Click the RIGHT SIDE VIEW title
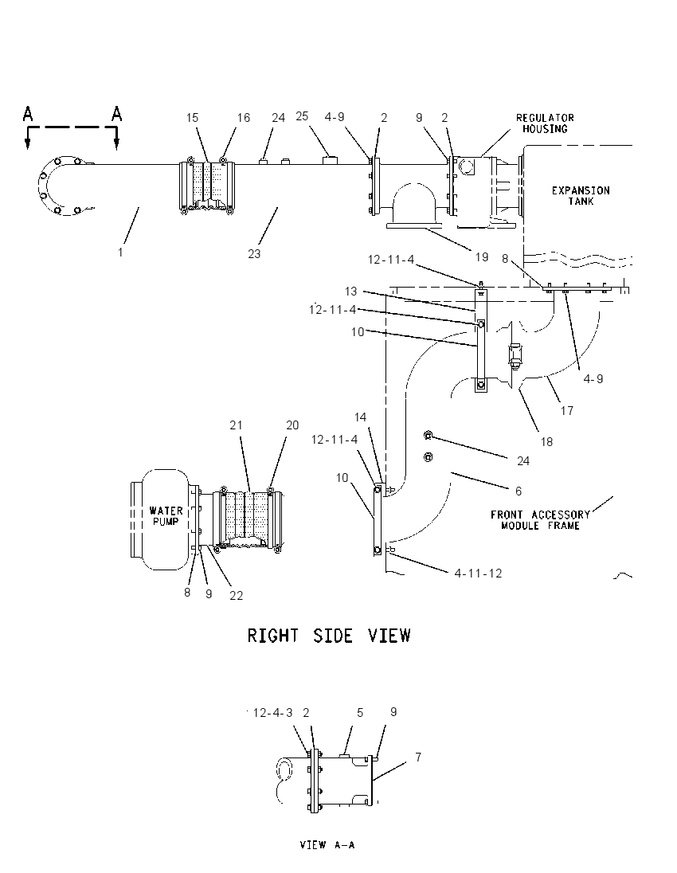point(329,636)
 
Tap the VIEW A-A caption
point(327,844)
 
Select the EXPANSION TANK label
point(581,195)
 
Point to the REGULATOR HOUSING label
point(545,123)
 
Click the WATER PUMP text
point(166,515)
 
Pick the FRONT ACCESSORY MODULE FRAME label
point(540,520)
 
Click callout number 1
point(120,253)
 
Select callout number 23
point(254,254)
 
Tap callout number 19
point(482,257)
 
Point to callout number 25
point(302,115)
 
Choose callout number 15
point(192,117)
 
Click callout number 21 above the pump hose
point(236,425)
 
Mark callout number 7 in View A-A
point(418,758)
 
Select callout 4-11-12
point(478,573)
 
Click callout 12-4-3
point(273,713)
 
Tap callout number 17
point(567,410)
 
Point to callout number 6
point(519,491)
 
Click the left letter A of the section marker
point(28,114)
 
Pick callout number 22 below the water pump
point(236,595)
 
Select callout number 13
point(350,292)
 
